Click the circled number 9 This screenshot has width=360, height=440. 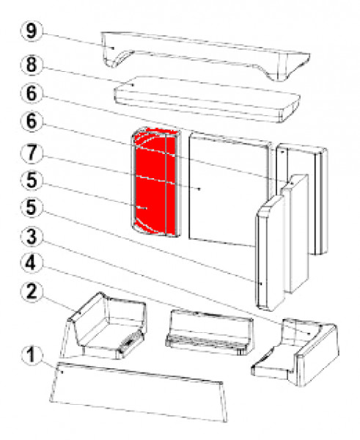(x=31, y=30)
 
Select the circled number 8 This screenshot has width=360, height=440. (x=31, y=65)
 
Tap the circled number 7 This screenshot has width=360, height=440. (x=31, y=153)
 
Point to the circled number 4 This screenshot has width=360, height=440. (x=31, y=263)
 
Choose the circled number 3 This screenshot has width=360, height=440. (x=31, y=236)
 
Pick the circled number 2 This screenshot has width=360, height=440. (x=31, y=292)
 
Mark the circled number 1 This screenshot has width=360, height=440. (x=31, y=355)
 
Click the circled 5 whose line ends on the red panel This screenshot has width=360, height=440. (x=31, y=180)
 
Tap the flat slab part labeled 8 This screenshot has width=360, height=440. (x=207, y=99)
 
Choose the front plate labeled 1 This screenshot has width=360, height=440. (x=139, y=392)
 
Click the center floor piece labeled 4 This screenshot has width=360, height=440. (x=210, y=332)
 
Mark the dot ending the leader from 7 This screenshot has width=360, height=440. (x=199, y=189)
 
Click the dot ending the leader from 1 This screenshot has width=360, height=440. (x=62, y=372)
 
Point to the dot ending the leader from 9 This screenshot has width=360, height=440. (x=113, y=48)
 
